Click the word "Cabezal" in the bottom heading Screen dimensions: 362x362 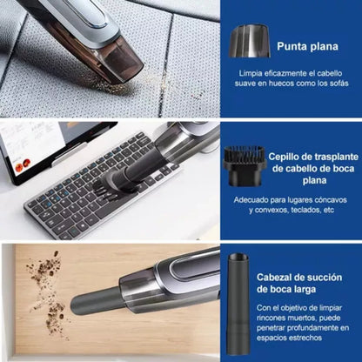(x=278, y=277)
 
